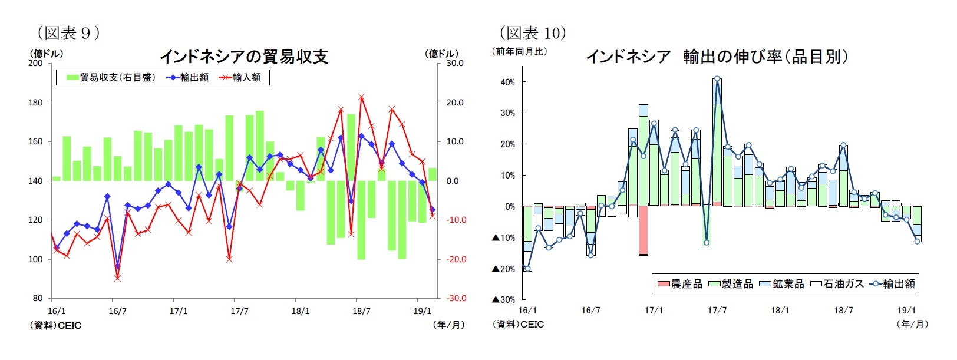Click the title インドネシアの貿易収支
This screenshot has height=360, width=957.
click(x=243, y=57)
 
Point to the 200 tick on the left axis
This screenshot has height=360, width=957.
click(x=35, y=63)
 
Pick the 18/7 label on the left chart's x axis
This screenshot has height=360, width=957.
click(x=361, y=311)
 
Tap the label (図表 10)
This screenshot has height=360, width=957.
click(x=533, y=32)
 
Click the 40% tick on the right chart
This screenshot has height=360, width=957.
click(x=507, y=82)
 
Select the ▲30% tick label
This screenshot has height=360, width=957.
click(x=503, y=299)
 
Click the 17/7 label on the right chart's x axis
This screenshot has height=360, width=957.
click(x=717, y=311)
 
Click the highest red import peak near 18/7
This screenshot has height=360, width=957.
click(x=361, y=97)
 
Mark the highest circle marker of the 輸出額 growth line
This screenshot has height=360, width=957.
click(x=717, y=78)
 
